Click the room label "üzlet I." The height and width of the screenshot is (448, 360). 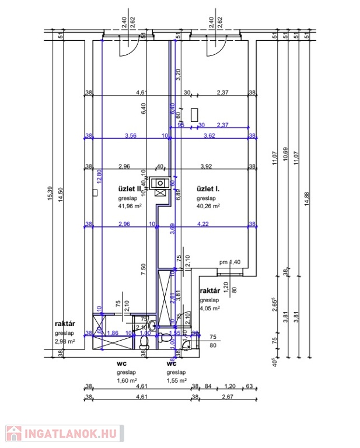click(208, 189)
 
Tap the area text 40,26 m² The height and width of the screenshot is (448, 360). click(208, 205)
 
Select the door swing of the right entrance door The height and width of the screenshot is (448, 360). click(213, 49)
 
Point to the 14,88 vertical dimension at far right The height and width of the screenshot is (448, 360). click(304, 198)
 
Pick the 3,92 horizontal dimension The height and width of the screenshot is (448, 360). click(205, 166)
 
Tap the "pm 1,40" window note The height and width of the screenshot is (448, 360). click(230, 262)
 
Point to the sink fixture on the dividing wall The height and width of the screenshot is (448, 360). click(159, 183)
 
